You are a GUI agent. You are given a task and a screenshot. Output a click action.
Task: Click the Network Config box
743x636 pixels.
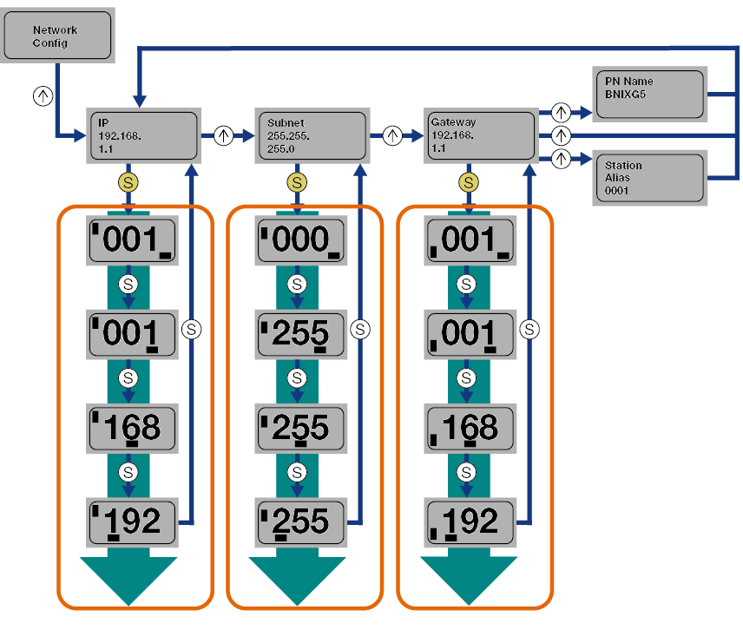[x=58, y=36]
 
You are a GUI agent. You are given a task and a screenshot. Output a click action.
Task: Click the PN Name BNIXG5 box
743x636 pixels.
[x=648, y=94]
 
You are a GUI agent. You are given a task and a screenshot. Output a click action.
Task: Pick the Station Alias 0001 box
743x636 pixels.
[x=648, y=177]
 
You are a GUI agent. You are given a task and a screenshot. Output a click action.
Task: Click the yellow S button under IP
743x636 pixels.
[x=128, y=182]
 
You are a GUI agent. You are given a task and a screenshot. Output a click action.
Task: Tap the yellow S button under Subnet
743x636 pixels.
[x=298, y=182]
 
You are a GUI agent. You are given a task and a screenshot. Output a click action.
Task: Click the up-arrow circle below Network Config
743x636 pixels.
[x=43, y=95]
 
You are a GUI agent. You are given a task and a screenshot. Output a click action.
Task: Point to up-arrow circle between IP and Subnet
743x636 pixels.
[x=224, y=135]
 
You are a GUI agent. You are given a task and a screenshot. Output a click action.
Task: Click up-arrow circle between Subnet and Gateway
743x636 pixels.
[x=393, y=135]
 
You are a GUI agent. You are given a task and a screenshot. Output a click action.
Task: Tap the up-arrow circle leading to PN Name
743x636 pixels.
[x=561, y=112]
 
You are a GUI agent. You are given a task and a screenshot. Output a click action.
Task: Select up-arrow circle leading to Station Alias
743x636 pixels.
[x=561, y=158]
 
